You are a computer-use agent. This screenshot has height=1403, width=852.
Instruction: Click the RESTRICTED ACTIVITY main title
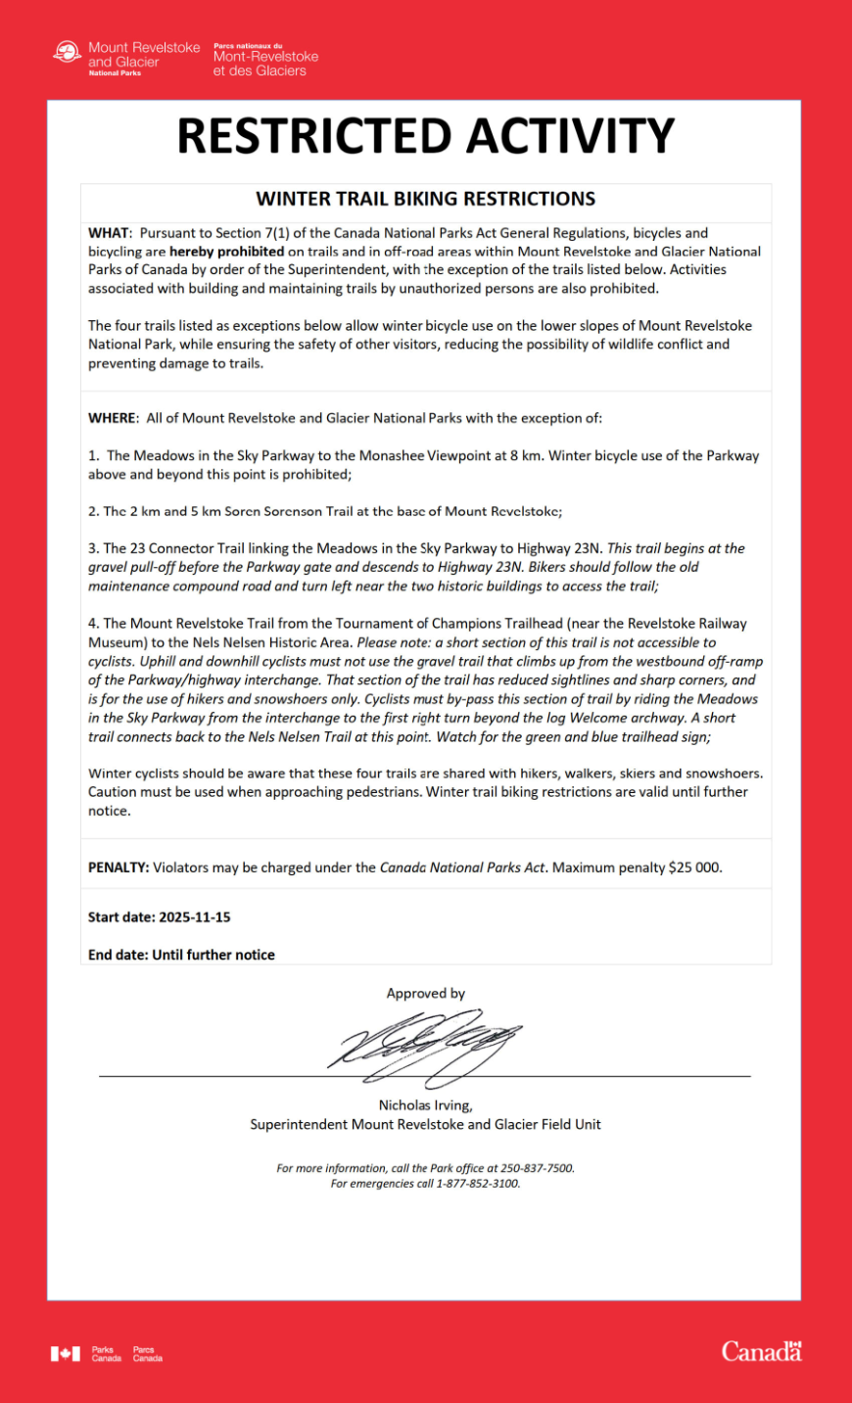[425, 136]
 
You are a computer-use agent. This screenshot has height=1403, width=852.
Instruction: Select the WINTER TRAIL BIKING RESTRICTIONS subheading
[425, 199]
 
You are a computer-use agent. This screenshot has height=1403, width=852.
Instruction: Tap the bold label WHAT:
[109, 233]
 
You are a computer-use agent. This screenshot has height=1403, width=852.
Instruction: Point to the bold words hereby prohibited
[226, 252]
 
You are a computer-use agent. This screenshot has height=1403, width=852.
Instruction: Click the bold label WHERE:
[113, 418]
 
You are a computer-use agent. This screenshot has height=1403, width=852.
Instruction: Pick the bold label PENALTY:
[118, 867]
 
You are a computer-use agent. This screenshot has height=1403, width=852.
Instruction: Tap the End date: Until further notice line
[181, 955]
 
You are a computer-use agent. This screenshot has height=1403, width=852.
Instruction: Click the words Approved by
[425, 993]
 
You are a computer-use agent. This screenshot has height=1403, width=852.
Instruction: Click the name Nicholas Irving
[424, 1105]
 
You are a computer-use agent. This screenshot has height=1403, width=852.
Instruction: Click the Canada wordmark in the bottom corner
[761, 1352]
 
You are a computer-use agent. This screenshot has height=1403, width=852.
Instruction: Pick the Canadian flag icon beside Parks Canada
[66, 1354]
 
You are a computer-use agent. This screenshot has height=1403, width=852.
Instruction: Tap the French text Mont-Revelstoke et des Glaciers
[265, 64]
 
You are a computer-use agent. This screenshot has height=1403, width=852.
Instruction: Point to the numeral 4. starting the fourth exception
[94, 624]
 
